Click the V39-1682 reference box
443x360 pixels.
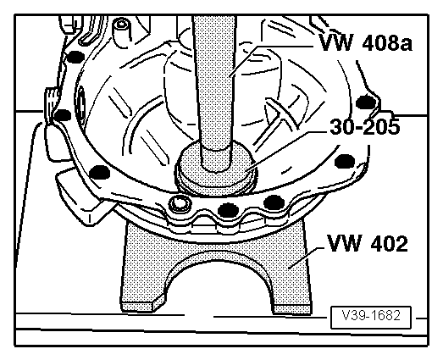pos(371,316)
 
